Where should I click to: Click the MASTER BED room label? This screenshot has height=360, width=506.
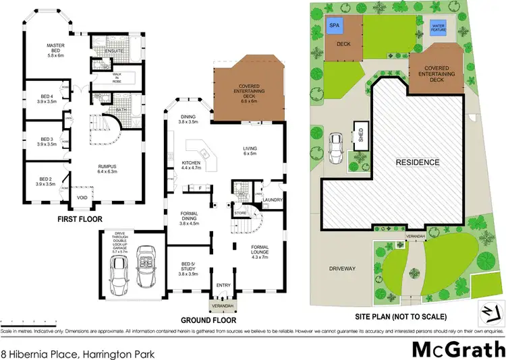55,50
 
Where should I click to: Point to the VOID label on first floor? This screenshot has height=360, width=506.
83,198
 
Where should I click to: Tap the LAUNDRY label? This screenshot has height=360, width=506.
272,200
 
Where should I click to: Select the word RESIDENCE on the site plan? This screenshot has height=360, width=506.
417,162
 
